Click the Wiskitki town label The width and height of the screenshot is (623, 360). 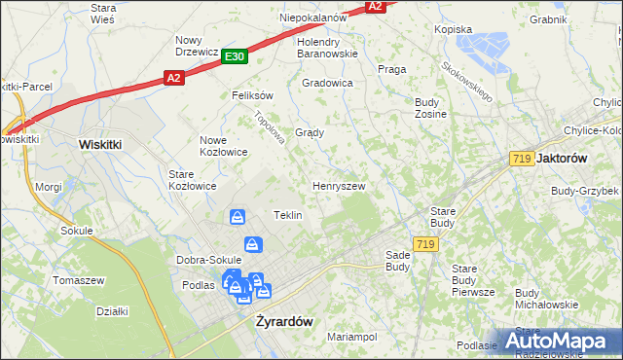click(x=100, y=143)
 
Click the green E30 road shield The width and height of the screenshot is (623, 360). click(x=234, y=57)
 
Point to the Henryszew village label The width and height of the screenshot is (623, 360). click(x=338, y=185)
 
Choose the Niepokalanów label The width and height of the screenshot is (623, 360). click(x=313, y=18)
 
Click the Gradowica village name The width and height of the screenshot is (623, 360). click(x=327, y=83)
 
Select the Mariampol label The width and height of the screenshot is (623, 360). click(x=351, y=337)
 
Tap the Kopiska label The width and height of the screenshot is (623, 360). click(x=454, y=29)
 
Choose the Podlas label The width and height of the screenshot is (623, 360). click(x=198, y=285)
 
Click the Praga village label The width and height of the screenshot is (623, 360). click(x=391, y=69)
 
